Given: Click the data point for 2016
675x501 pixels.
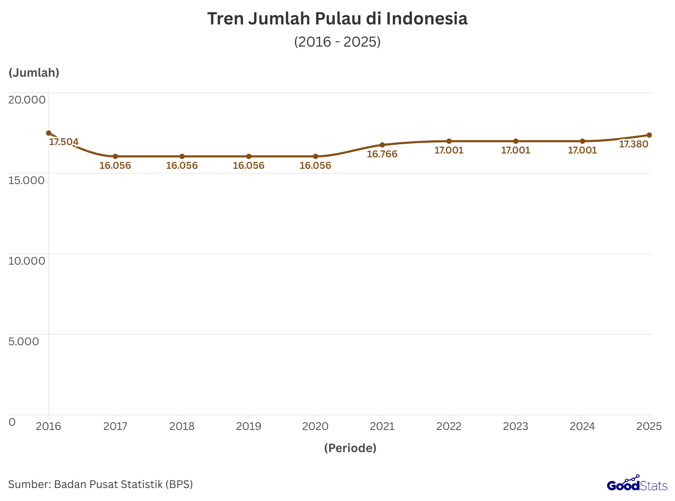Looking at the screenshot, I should pos(48,133).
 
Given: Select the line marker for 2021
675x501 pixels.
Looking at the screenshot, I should pos(382,145).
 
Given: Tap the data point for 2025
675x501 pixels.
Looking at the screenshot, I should pos(649,135).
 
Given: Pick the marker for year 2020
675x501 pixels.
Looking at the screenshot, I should pos(315,157).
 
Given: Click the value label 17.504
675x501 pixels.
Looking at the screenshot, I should pos(64,142).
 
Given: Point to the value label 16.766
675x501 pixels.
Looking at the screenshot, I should pos(382,154).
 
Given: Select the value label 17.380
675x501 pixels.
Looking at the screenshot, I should pos(633,144).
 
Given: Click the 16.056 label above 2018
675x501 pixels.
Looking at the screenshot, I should pos(182,166).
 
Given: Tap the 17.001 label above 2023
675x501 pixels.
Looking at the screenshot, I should pos(515,150).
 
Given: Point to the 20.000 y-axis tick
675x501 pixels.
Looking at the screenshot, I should pos(27,100).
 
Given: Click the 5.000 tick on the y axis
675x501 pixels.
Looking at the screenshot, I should pos(24,341).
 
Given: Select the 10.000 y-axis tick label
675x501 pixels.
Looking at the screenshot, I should pos(27,261).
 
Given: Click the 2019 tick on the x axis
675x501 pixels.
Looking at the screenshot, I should pos(249,427).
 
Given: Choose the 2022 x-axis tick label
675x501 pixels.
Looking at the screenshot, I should pos(449,427).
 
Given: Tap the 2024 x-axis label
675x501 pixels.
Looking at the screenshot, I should pos(582,427).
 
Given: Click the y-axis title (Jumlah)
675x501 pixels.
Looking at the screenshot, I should pos(34,73).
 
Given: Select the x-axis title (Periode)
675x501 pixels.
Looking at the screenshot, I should pos(350,448).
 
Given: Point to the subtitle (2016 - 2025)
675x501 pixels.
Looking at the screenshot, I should pos(337,42).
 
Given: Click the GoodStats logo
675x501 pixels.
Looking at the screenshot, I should pos(637,484).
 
